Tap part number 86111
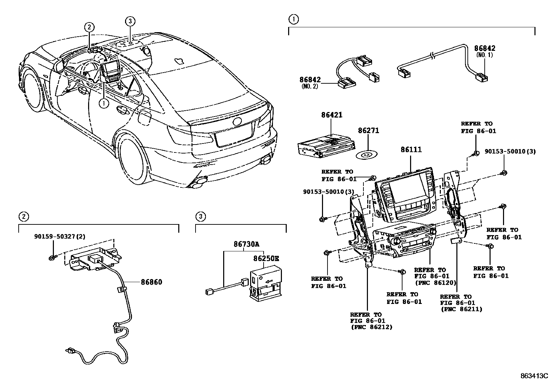[x=411, y=150]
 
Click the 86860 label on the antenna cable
[x=151, y=282]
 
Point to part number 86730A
[x=246, y=244]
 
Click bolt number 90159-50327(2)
[x=59, y=237]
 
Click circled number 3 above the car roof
[x=130, y=21]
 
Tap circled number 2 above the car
[x=89, y=27]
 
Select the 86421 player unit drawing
[x=325, y=145]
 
